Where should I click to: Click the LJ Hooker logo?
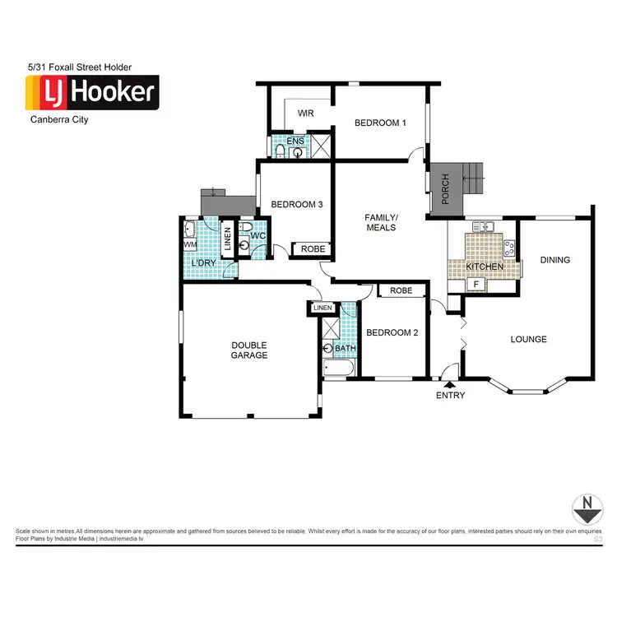[x=91, y=92]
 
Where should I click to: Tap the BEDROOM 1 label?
[x=380, y=123]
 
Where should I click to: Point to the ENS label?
[x=295, y=141]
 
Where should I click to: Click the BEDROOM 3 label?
[x=296, y=205]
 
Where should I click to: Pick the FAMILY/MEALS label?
[x=381, y=222]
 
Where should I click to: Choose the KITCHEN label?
[x=485, y=267]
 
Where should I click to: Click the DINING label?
[x=554, y=260]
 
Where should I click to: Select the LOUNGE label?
[x=528, y=339]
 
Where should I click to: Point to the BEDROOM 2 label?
[x=392, y=332]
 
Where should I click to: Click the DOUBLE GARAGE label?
[x=248, y=350]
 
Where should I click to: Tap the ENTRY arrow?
[x=449, y=382]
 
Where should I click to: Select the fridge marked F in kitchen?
[x=475, y=285]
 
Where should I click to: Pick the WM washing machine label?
[x=190, y=244]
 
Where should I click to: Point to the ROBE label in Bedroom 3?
[x=312, y=248]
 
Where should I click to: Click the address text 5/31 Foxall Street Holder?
[x=79, y=67]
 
